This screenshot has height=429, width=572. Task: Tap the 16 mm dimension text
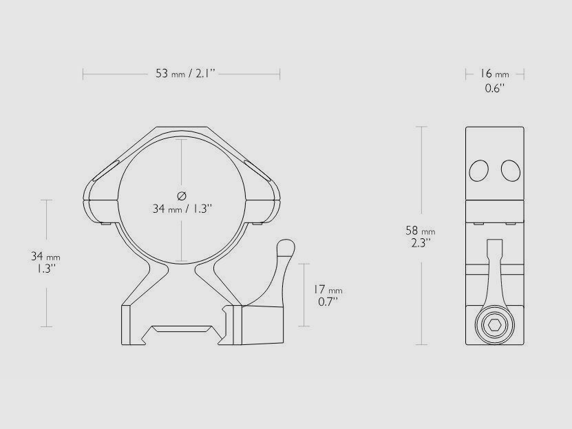click(x=494, y=74)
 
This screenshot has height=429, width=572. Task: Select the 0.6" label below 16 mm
click(x=494, y=88)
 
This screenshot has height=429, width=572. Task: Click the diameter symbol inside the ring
click(x=182, y=195)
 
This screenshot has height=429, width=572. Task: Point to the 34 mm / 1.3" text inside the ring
click(x=182, y=209)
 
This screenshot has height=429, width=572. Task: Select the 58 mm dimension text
click(x=421, y=231)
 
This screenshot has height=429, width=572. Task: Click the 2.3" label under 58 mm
click(x=421, y=243)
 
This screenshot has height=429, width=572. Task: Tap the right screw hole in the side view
click(x=509, y=169)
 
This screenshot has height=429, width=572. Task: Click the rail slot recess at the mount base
click(x=182, y=329)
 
